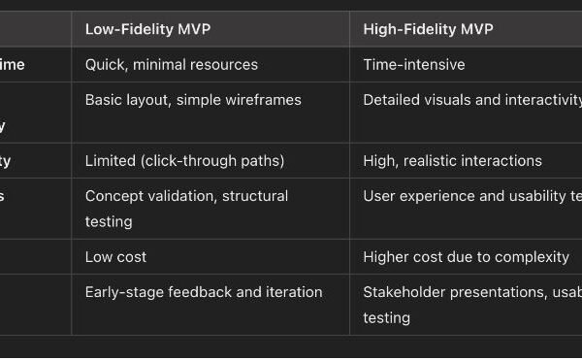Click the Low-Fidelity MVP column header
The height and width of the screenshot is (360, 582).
click(147, 29)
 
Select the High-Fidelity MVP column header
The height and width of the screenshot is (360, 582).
click(428, 29)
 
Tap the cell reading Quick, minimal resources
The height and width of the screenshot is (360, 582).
click(171, 65)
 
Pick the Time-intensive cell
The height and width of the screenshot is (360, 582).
click(414, 65)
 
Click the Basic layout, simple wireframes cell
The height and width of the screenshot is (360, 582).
click(193, 99)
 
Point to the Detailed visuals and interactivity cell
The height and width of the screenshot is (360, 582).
click(471, 99)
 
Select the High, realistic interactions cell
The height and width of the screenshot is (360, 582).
click(452, 160)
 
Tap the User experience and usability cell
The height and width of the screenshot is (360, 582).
click(471, 196)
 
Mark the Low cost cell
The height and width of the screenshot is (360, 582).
click(115, 256)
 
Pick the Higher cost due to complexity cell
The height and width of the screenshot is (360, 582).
click(466, 256)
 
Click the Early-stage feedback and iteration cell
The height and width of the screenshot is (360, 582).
click(204, 291)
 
